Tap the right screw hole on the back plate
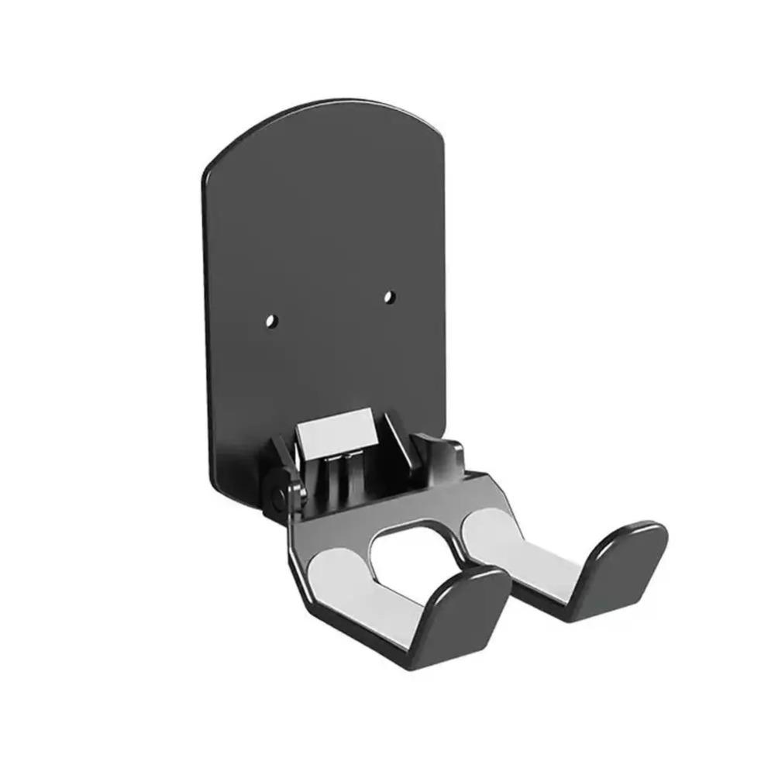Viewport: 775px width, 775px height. [390, 296]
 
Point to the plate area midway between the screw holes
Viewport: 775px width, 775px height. [329, 308]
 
